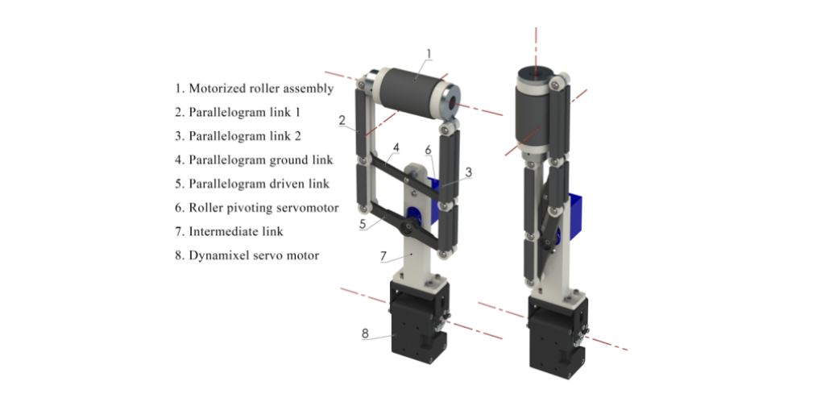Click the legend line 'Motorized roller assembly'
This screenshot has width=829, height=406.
coord(255,89)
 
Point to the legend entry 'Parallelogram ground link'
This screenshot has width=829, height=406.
coord(254,159)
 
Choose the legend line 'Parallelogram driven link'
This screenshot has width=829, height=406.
coord(252,184)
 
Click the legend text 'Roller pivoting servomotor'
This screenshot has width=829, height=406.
coord(256,208)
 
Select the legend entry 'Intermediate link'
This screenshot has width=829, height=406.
coord(229,231)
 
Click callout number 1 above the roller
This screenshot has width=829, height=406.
coord(429,53)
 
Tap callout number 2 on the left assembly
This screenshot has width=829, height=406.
coord(342,120)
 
